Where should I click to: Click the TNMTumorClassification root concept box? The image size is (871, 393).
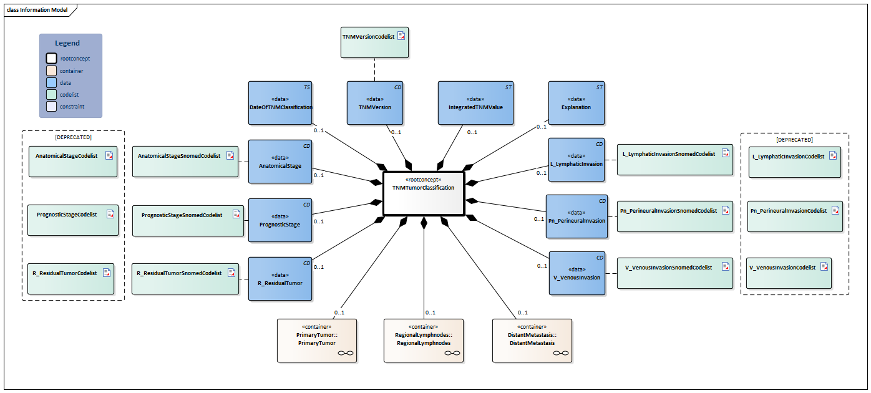[x=424, y=193]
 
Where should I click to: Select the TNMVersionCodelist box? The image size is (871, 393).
[x=374, y=42]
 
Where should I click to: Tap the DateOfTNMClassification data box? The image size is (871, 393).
[x=280, y=103]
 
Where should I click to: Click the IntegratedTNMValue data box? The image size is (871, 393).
[x=475, y=103]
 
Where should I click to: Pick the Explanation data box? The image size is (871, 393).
[x=576, y=103]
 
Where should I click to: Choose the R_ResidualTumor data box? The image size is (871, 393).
[x=280, y=278]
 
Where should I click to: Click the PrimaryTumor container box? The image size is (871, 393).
[x=316, y=340]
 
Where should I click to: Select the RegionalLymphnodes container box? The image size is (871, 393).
[x=423, y=340]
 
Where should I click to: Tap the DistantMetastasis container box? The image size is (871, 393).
[x=532, y=340]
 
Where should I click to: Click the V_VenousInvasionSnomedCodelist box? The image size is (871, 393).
[x=674, y=273]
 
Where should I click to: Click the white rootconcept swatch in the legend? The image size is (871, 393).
[x=52, y=59]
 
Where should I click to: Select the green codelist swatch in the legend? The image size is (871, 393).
[x=52, y=94]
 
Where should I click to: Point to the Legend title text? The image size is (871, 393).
[x=67, y=43]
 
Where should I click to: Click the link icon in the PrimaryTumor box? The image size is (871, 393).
[x=345, y=354]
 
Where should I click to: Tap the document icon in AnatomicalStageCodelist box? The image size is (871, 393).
[x=109, y=155]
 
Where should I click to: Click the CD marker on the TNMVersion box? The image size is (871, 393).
[x=397, y=87]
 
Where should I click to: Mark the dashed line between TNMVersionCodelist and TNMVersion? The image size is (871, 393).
[x=374, y=69]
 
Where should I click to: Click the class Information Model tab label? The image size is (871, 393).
[x=36, y=9]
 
